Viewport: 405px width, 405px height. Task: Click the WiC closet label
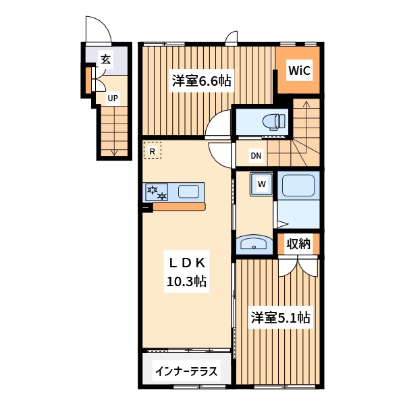click(299, 70)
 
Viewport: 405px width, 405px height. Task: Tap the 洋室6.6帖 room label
click(201, 80)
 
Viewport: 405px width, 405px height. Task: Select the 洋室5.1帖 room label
click(281, 317)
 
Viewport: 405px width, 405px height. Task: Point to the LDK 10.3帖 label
click(187, 272)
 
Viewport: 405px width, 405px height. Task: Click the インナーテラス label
click(186, 371)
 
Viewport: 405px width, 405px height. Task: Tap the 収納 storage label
click(298, 244)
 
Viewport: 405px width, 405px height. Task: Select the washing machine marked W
click(261, 184)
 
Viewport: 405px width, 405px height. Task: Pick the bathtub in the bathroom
click(298, 186)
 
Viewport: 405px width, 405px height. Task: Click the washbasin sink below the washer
click(254, 244)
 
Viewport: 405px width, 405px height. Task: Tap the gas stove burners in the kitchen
click(157, 192)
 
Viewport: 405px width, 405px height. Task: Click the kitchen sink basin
click(188, 192)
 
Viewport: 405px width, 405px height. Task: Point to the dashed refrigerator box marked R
click(153, 150)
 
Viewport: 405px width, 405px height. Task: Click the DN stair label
click(256, 155)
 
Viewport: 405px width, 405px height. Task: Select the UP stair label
click(113, 98)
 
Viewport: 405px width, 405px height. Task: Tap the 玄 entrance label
click(106, 59)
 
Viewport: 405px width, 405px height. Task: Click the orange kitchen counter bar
click(180, 207)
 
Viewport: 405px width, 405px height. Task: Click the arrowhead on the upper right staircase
click(306, 103)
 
